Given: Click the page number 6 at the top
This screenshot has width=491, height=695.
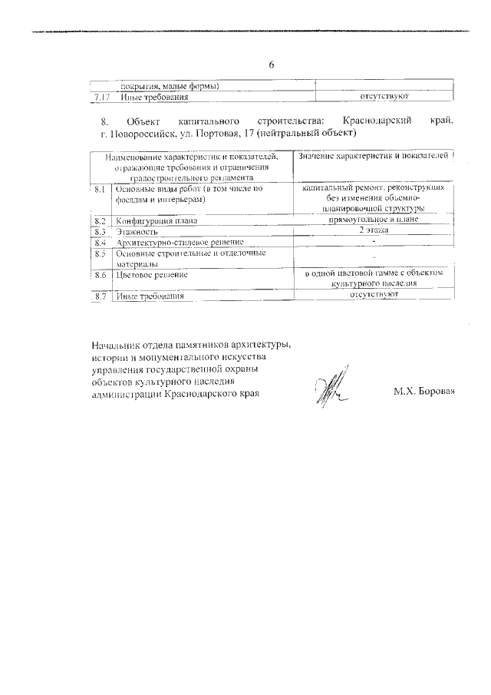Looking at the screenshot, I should tap(272, 65).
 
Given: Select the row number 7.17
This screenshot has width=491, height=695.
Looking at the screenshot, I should tap(100, 98).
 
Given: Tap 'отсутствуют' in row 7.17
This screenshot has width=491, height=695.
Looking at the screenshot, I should tap(382, 97).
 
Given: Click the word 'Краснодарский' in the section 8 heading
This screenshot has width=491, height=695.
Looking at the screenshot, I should tap(379, 122).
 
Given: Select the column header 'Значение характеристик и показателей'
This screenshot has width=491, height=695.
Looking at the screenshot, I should tap(374, 157).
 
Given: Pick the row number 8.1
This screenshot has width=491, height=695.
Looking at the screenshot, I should tap(100, 188).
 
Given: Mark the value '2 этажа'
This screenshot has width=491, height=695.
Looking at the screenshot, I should tap(374, 230).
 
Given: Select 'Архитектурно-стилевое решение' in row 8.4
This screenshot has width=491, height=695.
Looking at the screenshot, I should tap(180, 242).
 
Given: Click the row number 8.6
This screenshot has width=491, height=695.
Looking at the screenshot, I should tap(100, 274).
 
